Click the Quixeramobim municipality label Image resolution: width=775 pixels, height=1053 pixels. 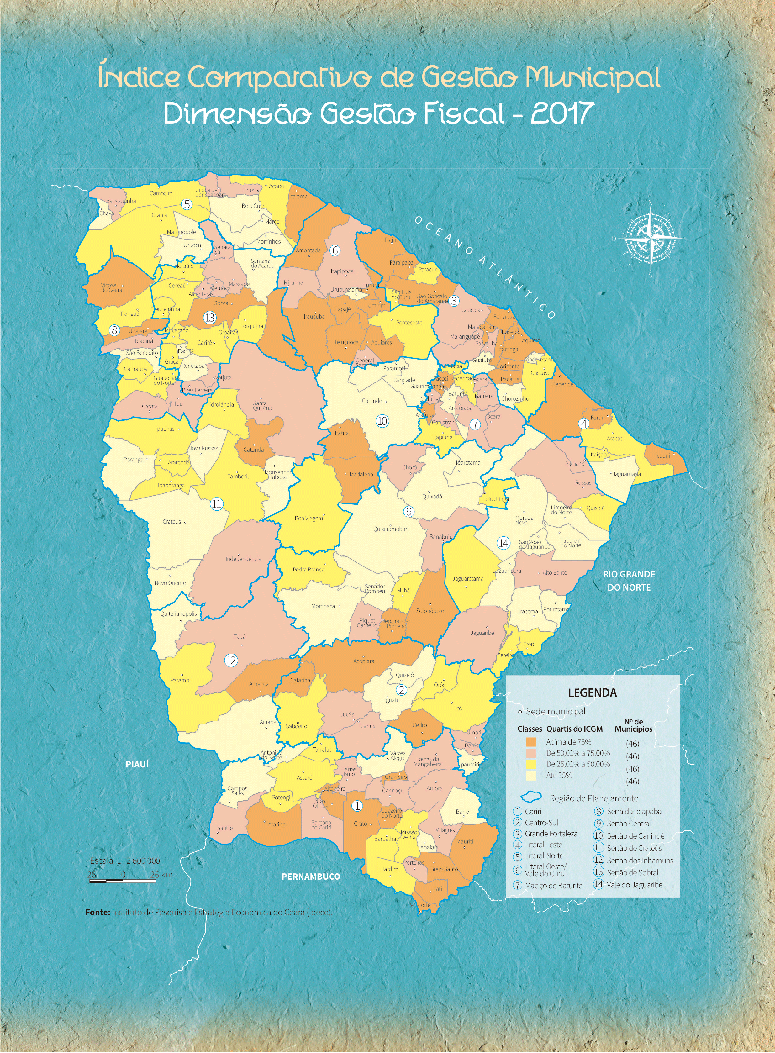pos(390,529)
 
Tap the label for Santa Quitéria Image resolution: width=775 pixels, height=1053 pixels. pos(262,405)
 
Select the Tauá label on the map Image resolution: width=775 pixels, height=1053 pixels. pos(239,636)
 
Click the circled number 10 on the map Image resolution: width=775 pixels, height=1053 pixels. pos(382,421)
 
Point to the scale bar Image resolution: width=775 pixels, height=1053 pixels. pos(123,881)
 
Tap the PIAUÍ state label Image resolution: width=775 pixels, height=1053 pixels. pos(137,764)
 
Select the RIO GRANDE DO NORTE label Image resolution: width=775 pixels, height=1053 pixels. pos(629,580)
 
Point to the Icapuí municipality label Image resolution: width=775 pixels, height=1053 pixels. pos(662,455)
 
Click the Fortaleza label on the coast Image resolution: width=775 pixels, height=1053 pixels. pos(504,316)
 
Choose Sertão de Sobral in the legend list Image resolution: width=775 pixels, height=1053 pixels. pos(632,872)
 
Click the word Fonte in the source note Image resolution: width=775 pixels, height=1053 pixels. pos(98,912)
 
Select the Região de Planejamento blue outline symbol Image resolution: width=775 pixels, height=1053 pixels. pos(531,797)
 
